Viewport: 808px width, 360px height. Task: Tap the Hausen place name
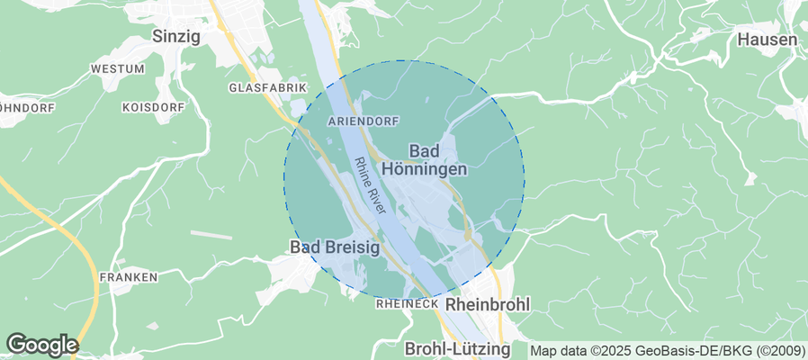tap(767, 40)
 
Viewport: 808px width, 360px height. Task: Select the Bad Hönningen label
tap(424, 159)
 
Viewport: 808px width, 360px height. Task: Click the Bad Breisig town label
tap(334, 246)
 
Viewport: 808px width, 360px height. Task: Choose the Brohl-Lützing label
tap(457, 348)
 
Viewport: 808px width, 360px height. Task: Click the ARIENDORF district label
tap(364, 121)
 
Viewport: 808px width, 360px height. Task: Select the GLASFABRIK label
tap(268, 88)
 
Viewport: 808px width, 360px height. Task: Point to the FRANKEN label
tap(129, 277)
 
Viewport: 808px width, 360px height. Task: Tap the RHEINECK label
tap(406, 305)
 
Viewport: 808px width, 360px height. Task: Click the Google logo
tap(41, 345)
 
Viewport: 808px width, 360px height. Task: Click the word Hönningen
tap(424, 168)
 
